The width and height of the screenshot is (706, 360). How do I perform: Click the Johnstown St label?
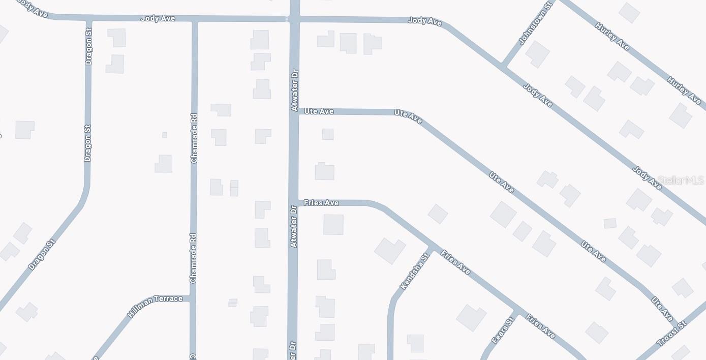(x=535, y=23)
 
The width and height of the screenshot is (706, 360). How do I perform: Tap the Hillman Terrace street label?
(x=155, y=306)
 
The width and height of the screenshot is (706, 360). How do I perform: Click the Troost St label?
(x=672, y=334)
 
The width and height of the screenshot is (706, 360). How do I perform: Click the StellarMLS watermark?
(x=680, y=181)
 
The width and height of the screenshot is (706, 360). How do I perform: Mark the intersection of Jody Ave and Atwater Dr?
(x=294, y=19)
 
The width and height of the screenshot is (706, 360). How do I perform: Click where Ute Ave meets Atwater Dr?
(x=294, y=111)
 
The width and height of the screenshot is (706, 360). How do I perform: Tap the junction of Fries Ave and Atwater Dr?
(x=293, y=203)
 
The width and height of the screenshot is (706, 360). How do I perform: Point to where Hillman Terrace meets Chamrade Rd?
(x=193, y=298)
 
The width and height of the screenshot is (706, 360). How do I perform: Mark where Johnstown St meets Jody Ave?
(x=503, y=66)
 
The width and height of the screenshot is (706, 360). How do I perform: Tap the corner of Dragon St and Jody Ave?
(x=89, y=20)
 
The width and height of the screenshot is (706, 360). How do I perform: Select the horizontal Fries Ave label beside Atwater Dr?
(x=321, y=203)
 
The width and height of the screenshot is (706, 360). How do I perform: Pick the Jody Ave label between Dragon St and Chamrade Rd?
(x=158, y=18)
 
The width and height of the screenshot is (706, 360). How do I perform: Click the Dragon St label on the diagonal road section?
(x=41, y=254)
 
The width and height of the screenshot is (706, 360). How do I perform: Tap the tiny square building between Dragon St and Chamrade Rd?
(x=164, y=135)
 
